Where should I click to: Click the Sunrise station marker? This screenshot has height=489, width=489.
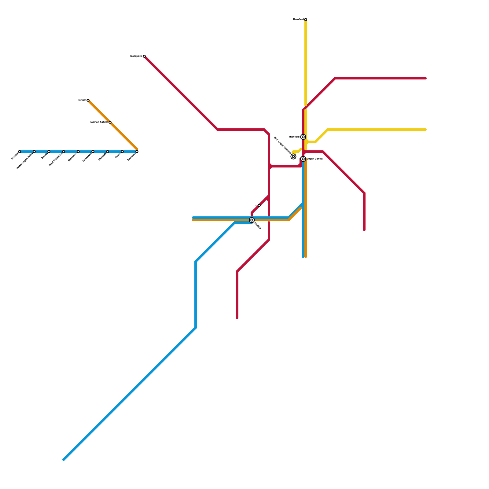[x=20, y=152]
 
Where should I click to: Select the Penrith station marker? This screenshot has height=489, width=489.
[x=88, y=100]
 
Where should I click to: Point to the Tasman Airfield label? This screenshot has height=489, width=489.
[x=99, y=122]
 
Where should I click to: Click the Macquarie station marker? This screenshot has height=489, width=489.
[x=144, y=56]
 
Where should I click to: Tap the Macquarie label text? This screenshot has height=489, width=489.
[x=136, y=56]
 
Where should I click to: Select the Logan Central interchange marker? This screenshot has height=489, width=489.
[x=303, y=159]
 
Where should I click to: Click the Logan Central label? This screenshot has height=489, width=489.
[x=315, y=159]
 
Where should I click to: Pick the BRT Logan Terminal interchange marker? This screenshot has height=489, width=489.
[x=293, y=156]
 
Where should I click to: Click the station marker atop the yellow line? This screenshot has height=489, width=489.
[x=306, y=20]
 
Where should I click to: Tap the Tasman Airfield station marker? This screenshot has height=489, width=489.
[x=110, y=122]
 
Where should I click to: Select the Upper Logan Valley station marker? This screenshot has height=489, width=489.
[x=34, y=152]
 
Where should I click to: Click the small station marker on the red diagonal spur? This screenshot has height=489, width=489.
[x=259, y=205]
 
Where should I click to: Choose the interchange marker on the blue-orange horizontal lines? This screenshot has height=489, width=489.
[x=252, y=220]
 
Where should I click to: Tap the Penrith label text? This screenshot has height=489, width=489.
[x=82, y=100]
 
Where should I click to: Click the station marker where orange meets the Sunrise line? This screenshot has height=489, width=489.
[x=137, y=152]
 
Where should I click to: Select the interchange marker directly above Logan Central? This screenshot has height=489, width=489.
[x=303, y=137]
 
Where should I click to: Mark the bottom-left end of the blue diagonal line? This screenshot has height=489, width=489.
[x=64, y=459]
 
